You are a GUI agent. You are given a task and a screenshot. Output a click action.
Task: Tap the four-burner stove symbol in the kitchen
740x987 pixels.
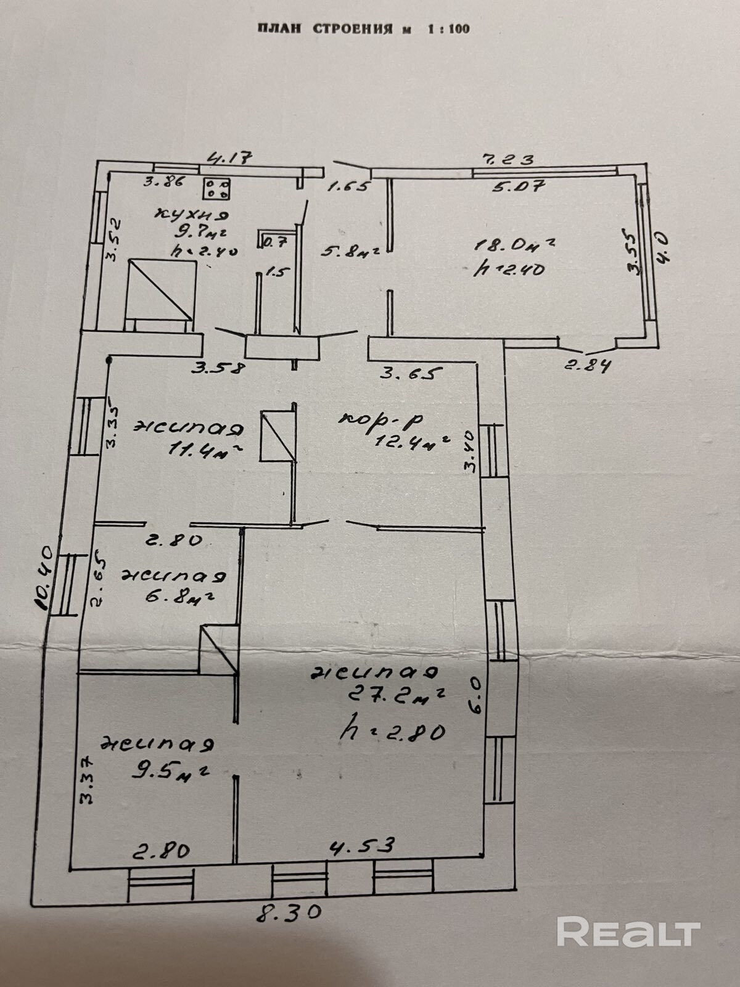[x=216, y=188]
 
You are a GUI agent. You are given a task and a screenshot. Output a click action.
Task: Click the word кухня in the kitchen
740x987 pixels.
[x=192, y=216]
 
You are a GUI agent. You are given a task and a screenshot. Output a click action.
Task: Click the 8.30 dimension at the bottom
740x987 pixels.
[x=289, y=912]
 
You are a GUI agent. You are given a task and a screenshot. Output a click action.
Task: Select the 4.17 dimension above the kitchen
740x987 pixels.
[x=229, y=158]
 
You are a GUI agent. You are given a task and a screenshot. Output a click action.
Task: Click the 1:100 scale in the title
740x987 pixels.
[x=448, y=29]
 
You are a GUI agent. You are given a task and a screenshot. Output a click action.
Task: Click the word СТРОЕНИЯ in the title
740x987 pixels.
[x=352, y=29]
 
